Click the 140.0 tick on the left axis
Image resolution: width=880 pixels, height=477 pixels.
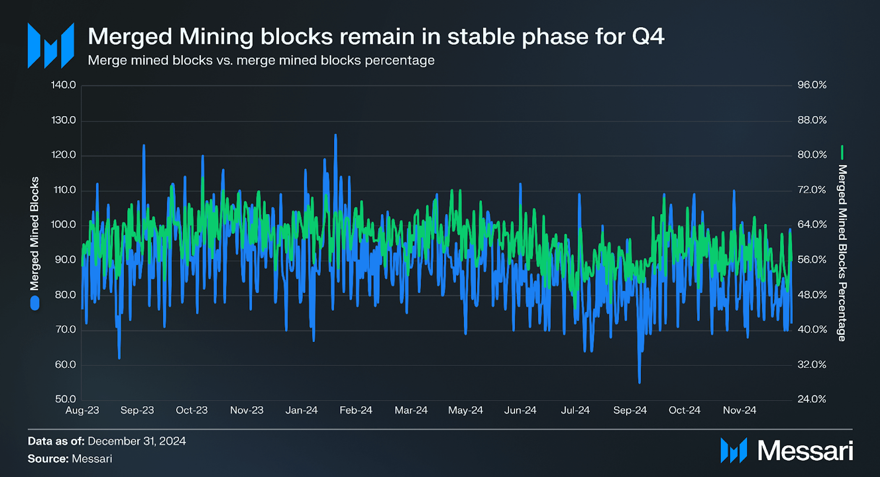[63, 85]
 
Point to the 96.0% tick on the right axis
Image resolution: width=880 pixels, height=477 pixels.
[811, 85]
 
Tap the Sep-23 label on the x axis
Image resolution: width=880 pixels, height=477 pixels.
[137, 410]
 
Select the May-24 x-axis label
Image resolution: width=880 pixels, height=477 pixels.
[465, 410]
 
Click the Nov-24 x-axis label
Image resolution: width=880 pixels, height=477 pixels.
[739, 410]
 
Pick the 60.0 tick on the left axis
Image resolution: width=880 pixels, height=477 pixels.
[65, 365]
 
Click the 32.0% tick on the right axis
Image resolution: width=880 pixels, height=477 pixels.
[811, 365]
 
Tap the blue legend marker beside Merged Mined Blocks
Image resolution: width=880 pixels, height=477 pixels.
[35, 303]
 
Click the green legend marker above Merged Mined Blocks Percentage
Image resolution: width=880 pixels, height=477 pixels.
[842, 152]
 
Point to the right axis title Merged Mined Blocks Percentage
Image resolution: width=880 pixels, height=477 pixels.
[842, 252]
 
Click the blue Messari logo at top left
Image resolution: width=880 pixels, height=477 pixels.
[51, 45]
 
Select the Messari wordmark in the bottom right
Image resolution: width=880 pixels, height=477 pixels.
[805, 451]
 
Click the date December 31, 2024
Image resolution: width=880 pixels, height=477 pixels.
[136, 441]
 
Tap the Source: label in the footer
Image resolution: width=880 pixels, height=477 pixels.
[48, 459]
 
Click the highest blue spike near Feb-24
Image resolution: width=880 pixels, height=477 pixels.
[336, 135]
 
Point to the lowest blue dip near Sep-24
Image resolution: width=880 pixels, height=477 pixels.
[640, 382]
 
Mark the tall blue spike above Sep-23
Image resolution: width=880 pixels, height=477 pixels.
[144, 146]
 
